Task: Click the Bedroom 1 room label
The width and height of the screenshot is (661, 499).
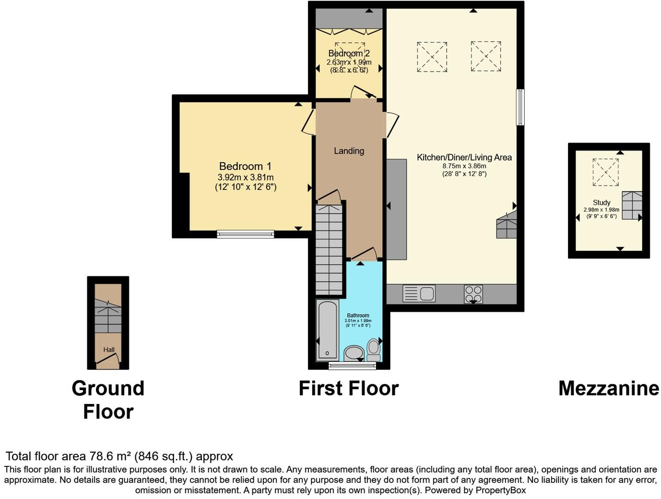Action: [245, 166]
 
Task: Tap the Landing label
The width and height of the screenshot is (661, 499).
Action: [349, 151]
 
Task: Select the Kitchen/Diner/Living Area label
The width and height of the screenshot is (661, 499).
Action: [464, 157]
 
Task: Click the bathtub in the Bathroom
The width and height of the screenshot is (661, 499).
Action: [328, 330]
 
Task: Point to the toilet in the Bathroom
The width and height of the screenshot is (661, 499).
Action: [373, 349]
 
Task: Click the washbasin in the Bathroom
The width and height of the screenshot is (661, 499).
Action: [354, 354]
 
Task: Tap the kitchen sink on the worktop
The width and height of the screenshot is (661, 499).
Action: [419, 293]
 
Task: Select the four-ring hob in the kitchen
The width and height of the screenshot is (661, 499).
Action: [473, 294]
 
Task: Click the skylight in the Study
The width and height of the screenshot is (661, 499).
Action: [605, 172]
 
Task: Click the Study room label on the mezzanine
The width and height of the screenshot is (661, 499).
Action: [602, 202]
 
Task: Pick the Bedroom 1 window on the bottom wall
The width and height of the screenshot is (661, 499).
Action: [245, 234]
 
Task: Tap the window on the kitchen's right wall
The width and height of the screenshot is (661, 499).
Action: [520, 107]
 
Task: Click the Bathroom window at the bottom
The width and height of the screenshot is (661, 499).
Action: [352, 366]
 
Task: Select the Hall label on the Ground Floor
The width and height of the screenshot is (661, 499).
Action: [109, 350]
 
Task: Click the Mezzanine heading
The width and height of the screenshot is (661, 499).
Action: [608, 388]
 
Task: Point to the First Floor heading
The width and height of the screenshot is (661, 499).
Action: [348, 388]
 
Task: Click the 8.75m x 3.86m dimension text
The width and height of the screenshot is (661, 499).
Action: [464, 166]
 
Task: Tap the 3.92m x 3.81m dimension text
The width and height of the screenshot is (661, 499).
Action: [245, 177]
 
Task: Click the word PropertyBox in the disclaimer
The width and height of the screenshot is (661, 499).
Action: [500, 490]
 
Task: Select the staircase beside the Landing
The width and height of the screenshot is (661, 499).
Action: [329, 249]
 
